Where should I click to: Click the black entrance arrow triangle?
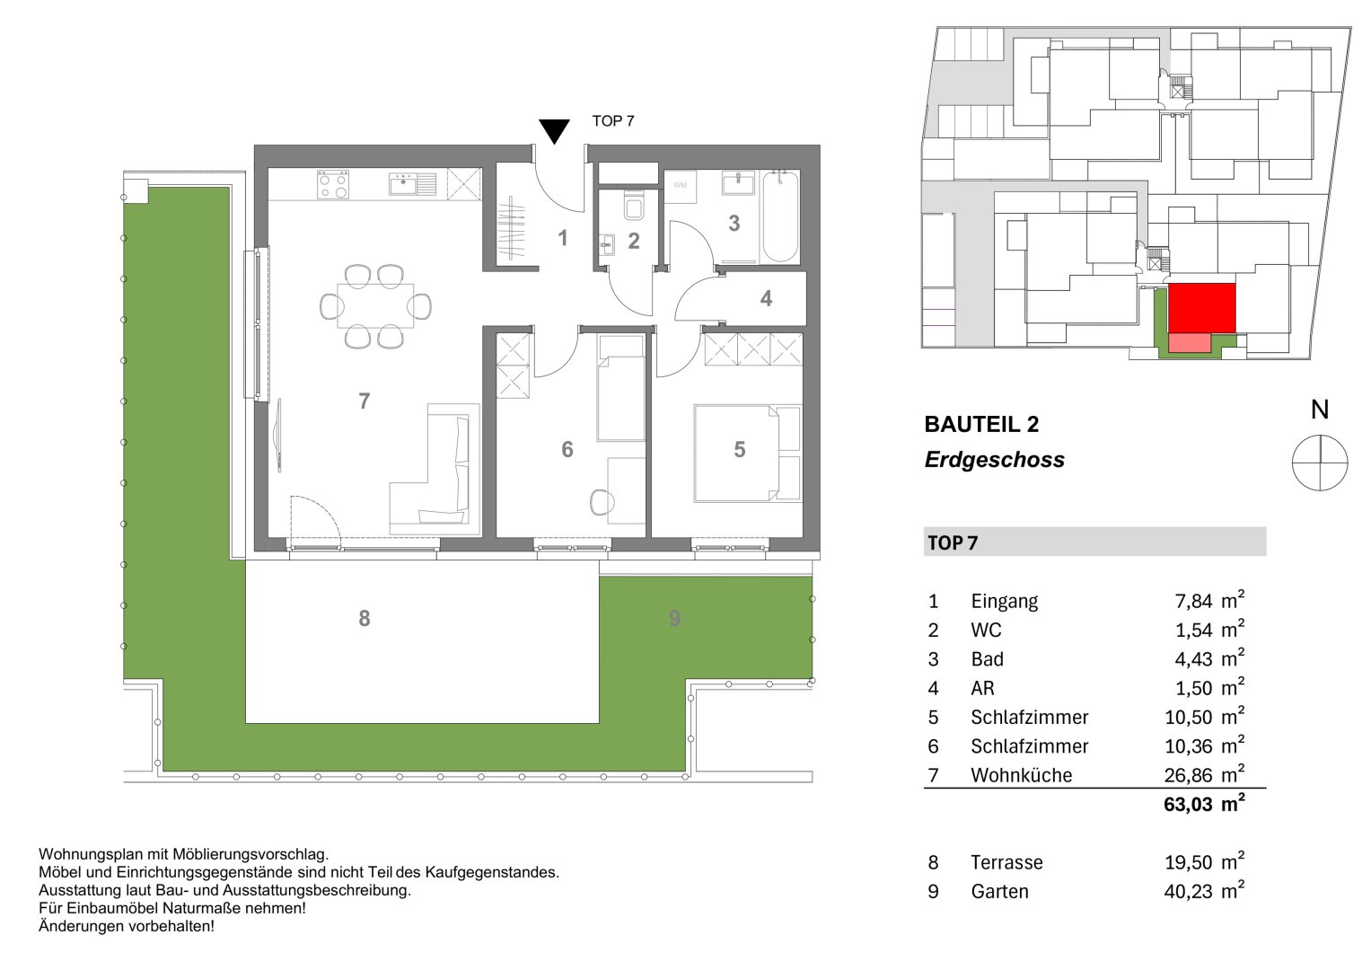pos(555,131)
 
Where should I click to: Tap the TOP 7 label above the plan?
pos(613,121)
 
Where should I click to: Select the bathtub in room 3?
pos(780,218)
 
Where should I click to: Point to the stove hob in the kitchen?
pos(332,185)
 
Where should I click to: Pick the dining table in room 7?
pos(375,306)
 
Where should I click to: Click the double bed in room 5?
pos(746,453)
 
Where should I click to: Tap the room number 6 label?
pos(567,449)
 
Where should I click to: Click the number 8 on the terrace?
pos(364,618)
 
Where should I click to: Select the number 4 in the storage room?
pos(766,298)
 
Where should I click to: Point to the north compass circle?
pos(1319,463)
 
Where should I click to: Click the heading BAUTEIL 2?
pos(981,425)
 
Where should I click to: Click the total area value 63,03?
pos(1188,805)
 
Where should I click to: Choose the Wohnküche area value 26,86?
pos(1188,775)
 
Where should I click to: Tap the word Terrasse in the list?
pos(1006,863)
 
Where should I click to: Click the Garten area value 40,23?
pos(1188,892)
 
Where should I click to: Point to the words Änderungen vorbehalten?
pos(127,926)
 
